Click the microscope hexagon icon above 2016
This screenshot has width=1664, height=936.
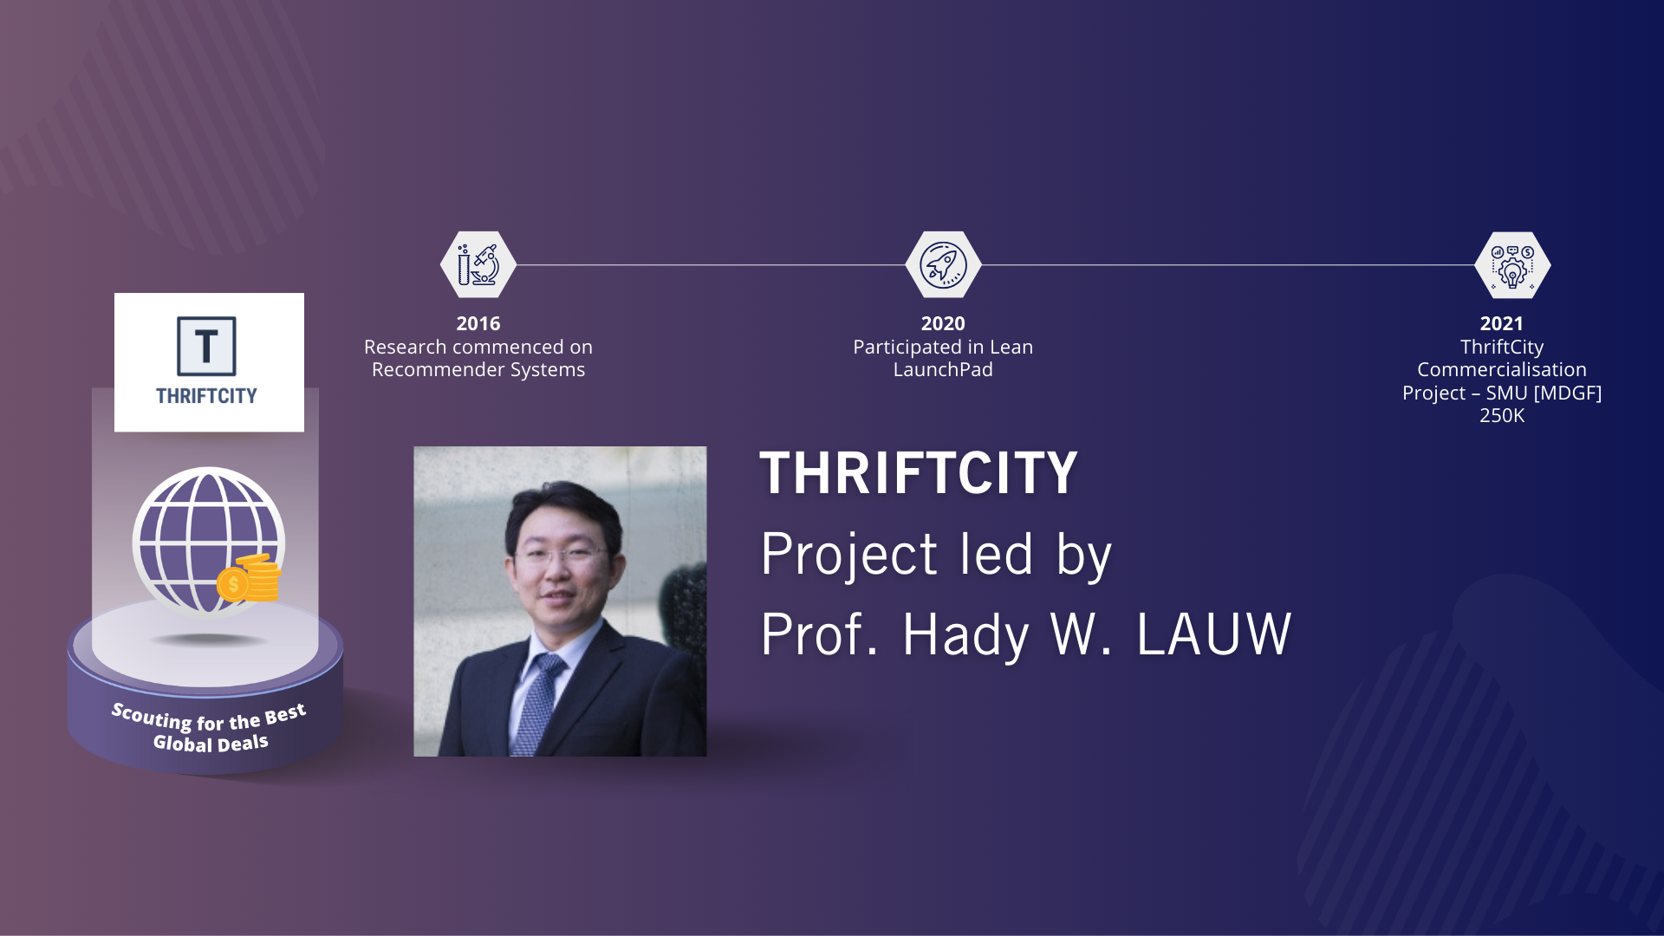click(x=478, y=265)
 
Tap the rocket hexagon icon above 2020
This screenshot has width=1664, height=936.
click(x=943, y=265)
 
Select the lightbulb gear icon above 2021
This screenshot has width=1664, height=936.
click(x=1512, y=265)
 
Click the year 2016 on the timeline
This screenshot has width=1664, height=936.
click(x=478, y=323)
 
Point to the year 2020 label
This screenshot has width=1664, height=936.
click(x=943, y=323)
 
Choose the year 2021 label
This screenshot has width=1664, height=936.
click(x=1502, y=323)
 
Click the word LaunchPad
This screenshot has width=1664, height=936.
click(x=943, y=370)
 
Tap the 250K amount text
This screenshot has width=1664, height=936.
click(x=1502, y=416)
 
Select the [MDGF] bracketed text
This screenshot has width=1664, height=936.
click(x=1568, y=393)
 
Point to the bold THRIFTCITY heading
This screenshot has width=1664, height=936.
click(x=919, y=473)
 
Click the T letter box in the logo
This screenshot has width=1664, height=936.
click(x=206, y=346)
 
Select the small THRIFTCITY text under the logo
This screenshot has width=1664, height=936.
click(x=206, y=396)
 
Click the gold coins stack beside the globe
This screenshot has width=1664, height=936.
click(x=251, y=578)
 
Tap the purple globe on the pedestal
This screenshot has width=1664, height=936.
click(x=208, y=541)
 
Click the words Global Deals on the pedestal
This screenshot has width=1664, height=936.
click(x=211, y=744)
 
